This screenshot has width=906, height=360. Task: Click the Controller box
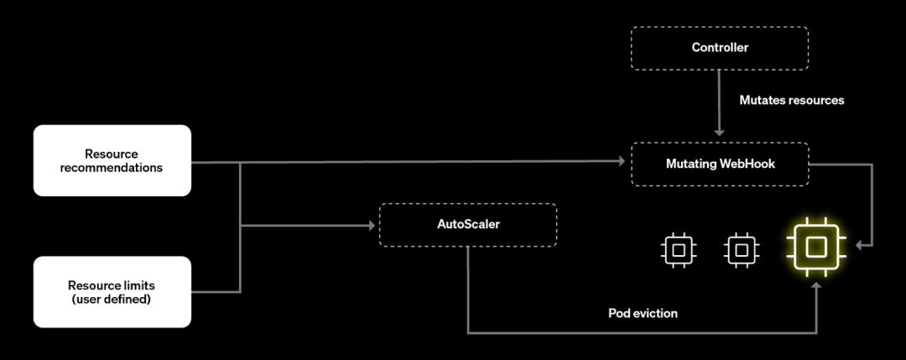point(719,48)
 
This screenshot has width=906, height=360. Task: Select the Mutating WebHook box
point(719,164)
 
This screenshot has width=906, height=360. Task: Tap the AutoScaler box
point(467,224)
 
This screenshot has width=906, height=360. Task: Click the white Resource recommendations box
point(112,160)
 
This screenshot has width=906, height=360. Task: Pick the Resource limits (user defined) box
point(112,291)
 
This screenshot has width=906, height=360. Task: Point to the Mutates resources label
point(791,100)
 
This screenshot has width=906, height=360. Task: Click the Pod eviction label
point(643,313)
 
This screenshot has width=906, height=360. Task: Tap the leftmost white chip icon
point(678,249)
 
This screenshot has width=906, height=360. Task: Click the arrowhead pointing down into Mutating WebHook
point(719,132)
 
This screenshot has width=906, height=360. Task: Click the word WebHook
point(747,164)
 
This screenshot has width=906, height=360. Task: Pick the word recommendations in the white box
point(112,167)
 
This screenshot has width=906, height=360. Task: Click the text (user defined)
point(112,298)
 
